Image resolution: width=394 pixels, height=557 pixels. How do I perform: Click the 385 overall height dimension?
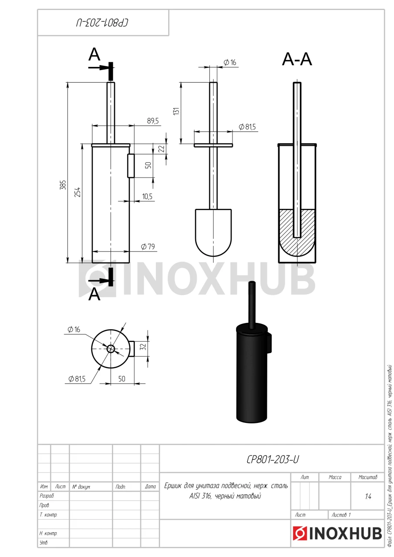63,185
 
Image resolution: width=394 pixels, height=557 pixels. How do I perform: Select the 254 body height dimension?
78,192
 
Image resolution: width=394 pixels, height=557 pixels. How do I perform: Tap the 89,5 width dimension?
153,121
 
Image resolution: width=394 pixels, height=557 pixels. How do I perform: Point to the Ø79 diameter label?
148,246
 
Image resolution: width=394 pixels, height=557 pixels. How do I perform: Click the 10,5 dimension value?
147,196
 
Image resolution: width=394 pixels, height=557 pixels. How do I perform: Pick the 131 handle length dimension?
176,111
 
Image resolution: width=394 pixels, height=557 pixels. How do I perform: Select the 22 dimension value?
162,149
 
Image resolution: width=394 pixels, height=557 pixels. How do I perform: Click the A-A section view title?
297,59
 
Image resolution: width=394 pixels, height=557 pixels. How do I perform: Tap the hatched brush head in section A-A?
297,232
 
